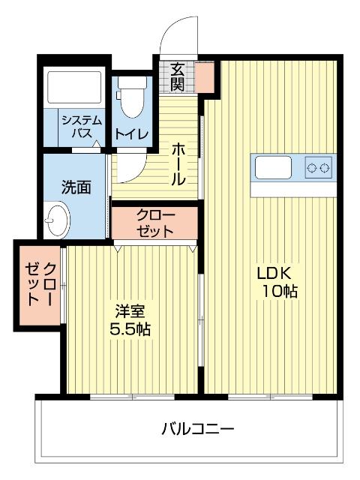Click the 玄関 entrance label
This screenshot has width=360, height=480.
[x=177, y=75]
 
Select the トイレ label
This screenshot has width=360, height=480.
[x=131, y=134]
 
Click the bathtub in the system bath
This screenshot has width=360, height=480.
[x=73, y=88]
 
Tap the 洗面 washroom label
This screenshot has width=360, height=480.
[x=76, y=186]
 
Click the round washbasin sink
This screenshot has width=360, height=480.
[x=55, y=220]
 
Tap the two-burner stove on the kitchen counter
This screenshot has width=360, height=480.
[x=319, y=167]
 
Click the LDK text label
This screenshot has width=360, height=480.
[x=273, y=272]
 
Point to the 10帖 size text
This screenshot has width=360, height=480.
[x=279, y=292]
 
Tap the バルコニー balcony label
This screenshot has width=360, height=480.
[x=198, y=430]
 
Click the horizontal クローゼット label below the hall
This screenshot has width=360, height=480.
[x=155, y=223]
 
